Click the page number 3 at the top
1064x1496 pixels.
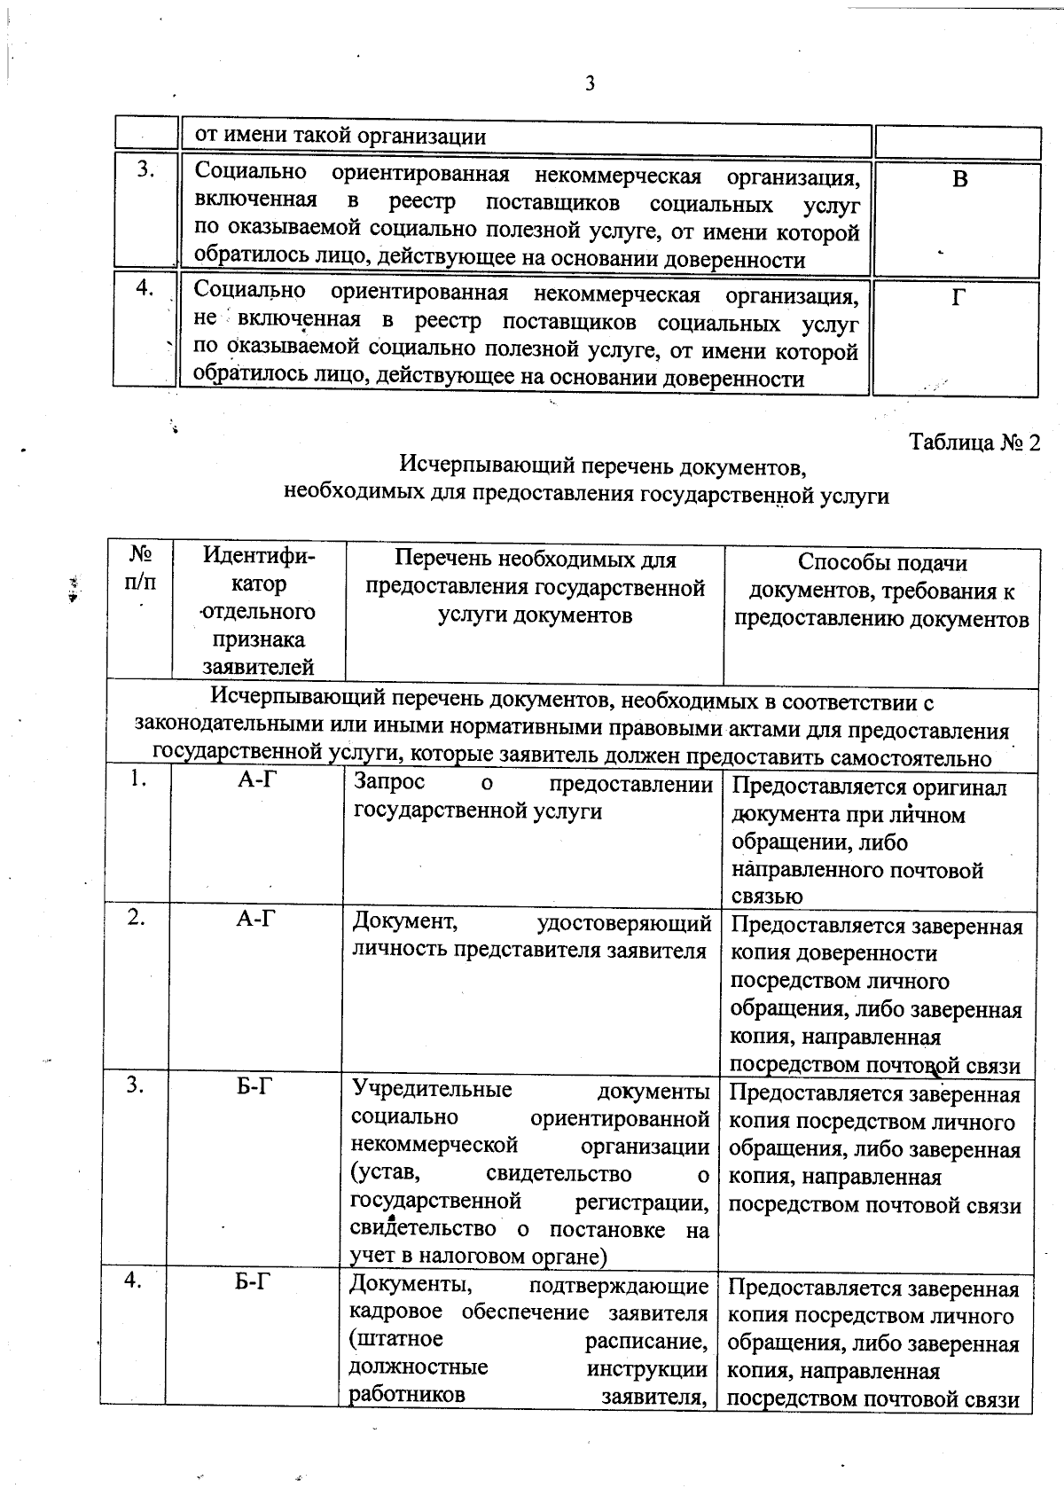point(590,84)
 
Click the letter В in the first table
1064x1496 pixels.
point(959,180)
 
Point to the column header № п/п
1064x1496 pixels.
point(140,569)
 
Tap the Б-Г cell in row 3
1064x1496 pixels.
point(254,1086)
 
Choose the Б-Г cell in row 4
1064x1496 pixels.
point(254,1282)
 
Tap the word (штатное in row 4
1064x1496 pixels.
point(396,1338)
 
